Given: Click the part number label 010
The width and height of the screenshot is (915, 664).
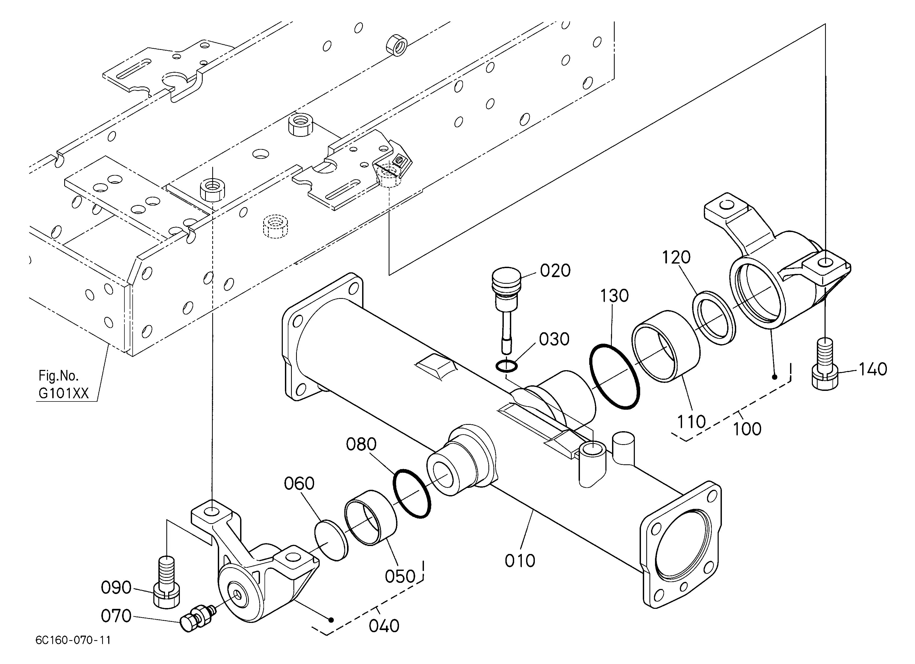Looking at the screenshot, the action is point(520,560).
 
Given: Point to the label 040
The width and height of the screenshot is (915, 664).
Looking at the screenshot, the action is point(384,626).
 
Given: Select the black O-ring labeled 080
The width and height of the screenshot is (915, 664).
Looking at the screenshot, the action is point(412,494).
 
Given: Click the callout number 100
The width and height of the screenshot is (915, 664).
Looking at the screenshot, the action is point(747,429).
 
